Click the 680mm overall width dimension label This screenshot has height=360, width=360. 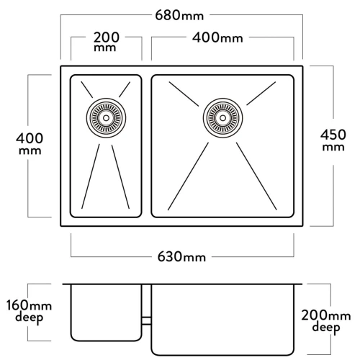point(179,15)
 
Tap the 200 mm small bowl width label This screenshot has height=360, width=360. point(106,42)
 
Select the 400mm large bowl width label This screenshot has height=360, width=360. point(217,37)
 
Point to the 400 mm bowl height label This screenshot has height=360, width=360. point(30,143)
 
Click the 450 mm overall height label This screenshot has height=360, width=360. point(333,140)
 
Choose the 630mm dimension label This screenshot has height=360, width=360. point(181,257)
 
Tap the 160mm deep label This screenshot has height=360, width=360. point(29,311)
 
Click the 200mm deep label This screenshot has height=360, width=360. point(326,321)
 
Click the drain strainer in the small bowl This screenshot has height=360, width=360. point(106,118)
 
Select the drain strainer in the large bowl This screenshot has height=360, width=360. point(222,118)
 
